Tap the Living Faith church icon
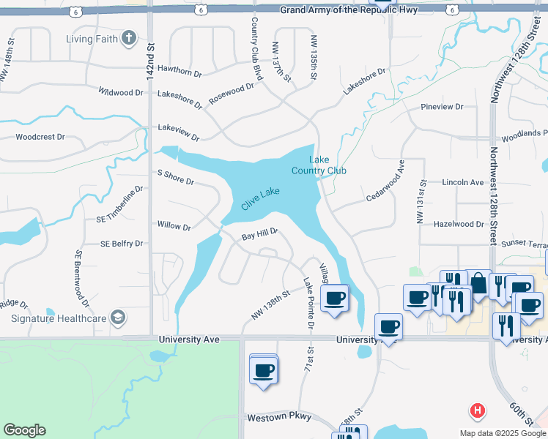129,38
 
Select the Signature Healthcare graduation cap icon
117,318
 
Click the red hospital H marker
478,411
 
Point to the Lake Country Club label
319,165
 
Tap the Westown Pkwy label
281,417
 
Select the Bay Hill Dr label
260,234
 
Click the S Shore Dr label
176,176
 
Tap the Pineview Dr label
443,107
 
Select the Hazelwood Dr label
459,225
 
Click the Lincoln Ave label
463,182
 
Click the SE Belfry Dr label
121,243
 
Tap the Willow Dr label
174,226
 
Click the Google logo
24,430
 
